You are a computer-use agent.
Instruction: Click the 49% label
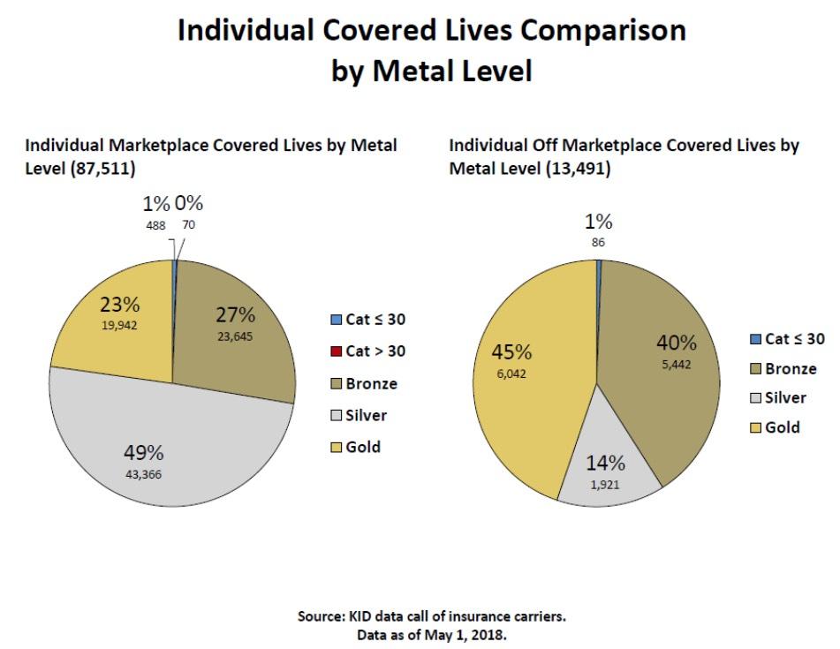pyautogui.click(x=143, y=453)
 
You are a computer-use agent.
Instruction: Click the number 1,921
pyautogui.click(x=605, y=484)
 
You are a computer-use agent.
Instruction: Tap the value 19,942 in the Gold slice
pyautogui.click(x=118, y=324)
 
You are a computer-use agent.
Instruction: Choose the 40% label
pyautogui.click(x=676, y=343)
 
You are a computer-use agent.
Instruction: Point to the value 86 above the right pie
pyautogui.click(x=600, y=241)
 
